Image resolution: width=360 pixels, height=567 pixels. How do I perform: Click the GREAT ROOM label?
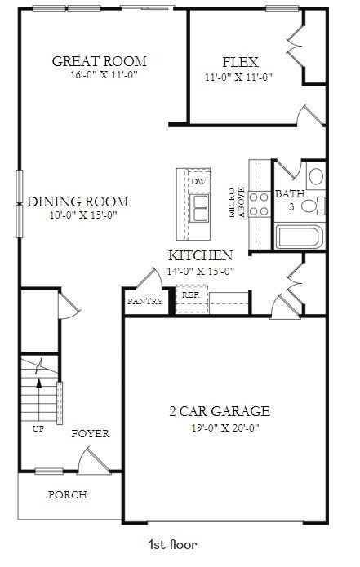(99, 61)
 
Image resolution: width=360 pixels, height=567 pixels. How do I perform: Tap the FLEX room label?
(240, 62)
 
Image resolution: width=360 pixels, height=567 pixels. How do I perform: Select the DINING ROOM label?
(78, 202)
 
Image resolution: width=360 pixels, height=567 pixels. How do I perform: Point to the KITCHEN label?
(201, 255)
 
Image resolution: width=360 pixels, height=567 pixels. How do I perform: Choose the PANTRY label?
(144, 301)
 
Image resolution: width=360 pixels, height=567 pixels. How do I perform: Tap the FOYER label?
(90, 433)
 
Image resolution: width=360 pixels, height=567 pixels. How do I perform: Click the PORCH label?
(67, 494)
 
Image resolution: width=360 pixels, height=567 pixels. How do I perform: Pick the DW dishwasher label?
(198, 181)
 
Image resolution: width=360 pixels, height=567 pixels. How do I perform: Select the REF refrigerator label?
(190, 295)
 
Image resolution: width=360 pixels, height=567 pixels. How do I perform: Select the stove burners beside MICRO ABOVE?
(259, 203)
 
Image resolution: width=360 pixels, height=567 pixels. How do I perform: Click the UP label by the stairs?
(38, 427)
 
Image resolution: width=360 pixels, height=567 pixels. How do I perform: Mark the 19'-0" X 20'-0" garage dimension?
(215, 427)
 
